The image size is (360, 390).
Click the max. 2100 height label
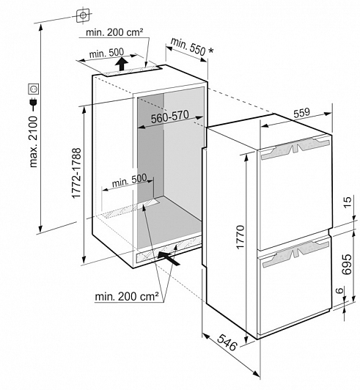(33, 141)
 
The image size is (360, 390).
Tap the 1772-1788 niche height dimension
(76, 173)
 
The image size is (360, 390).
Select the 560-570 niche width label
(170, 117)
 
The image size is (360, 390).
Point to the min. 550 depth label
(188, 46)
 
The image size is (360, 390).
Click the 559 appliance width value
(301, 113)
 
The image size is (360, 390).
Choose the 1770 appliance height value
(240, 237)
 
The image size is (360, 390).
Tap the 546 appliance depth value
(227, 342)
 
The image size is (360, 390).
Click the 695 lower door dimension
(347, 264)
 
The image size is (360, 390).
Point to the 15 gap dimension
(348, 202)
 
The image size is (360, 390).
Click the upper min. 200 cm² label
(114, 32)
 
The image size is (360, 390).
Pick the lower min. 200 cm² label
(127, 296)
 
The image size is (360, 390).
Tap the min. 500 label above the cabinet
(106, 53)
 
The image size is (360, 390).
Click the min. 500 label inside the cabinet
(129, 181)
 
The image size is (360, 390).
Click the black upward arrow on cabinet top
(122, 64)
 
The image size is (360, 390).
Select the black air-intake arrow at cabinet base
(169, 258)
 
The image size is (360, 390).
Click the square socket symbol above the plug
(34, 89)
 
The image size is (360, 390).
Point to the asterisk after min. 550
(210, 51)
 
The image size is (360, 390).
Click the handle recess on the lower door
(295, 253)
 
